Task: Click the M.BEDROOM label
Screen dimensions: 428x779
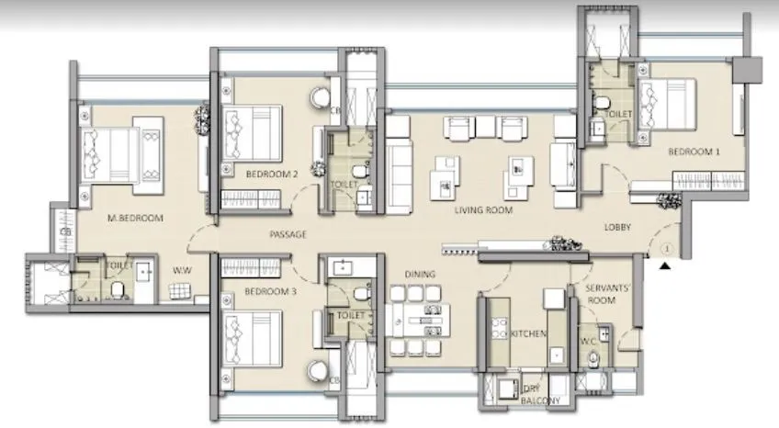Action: click(x=135, y=218)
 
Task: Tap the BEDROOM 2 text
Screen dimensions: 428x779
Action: click(x=272, y=173)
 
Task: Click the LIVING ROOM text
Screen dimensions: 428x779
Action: click(x=484, y=210)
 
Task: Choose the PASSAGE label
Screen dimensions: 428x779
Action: click(x=288, y=235)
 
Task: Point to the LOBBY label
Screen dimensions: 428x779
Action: click(x=616, y=227)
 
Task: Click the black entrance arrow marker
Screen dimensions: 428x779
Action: click(x=663, y=265)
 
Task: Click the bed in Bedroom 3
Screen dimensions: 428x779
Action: click(x=252, y=338)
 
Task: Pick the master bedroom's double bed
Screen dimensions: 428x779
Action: click(x=116, y=152)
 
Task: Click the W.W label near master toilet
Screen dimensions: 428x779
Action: click(x=181, y=271)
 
